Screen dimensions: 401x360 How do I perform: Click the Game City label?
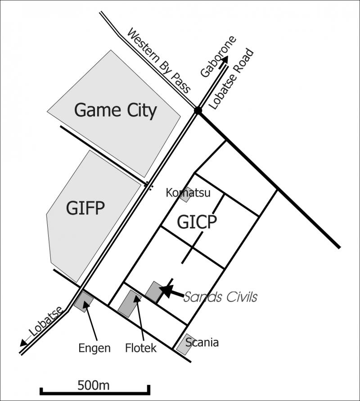pyautogui.click(x=115, y=110)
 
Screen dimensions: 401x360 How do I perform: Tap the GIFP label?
pyautogui.click(x=85, y=208)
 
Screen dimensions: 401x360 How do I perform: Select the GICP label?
pyautogui.click(x=197, y=222)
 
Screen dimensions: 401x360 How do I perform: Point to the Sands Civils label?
pyautogui.click(x=220, y=297)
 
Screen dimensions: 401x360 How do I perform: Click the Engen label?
pyautogui.click(x=94, y=348)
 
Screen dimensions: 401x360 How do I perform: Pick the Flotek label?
pyautogui.click(x=141, y=348)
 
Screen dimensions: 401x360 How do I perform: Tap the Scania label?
pyautogui.click(x=202, y=342)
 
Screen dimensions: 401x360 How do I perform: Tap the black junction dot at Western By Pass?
pyautogui.click(x=198, y=110)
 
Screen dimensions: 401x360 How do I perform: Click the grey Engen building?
pyautogui.click(x=84, y=302)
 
